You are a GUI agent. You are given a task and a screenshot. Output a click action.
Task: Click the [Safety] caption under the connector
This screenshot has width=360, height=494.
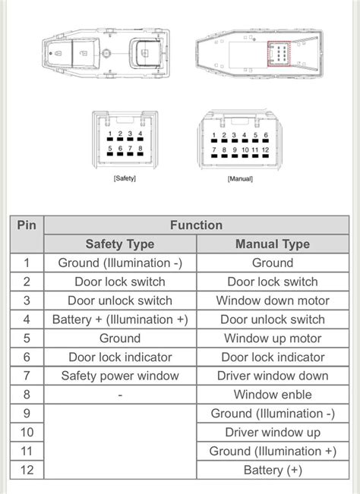pos(125,178)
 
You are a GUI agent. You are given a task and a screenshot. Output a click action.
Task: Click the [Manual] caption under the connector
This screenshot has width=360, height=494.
pos(240,179)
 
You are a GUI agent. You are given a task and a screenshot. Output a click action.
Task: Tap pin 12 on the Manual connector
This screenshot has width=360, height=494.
pos(265,156)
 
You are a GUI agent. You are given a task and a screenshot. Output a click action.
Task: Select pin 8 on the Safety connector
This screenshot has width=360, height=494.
pos(141,154)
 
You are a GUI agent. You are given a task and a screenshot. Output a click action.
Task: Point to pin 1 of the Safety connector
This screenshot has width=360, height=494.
pos(110,139)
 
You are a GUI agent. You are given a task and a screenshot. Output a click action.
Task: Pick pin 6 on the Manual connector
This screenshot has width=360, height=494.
pos(266,141)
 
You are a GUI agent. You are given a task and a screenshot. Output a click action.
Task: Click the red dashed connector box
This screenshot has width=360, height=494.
pos(279,54)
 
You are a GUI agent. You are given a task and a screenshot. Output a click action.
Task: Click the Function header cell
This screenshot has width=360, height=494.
pos(197,225)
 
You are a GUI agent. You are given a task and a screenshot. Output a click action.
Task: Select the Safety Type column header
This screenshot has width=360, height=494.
pos(120,244)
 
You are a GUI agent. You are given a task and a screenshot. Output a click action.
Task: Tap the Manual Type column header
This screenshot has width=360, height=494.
pos(273,244)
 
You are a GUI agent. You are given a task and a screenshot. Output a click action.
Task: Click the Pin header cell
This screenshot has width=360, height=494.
pos(27,234)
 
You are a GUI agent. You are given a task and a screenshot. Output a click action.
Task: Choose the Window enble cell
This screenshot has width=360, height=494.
pos(273,395)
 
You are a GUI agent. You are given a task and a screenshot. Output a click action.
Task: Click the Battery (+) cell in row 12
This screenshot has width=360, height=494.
pos(273,470)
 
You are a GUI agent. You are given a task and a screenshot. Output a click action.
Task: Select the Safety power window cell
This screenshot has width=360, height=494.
pos(120,376)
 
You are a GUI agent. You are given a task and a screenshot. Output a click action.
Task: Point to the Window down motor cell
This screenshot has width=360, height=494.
pos(273,300)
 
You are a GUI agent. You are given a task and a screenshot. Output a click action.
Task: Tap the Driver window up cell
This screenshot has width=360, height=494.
pos(273,433)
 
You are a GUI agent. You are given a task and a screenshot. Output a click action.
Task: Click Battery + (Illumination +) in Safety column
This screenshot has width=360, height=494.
pos(120,319)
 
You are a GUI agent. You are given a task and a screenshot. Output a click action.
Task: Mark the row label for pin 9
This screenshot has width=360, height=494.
pos(27,414)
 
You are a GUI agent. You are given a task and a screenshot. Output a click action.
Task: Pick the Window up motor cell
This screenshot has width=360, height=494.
pos(273,338)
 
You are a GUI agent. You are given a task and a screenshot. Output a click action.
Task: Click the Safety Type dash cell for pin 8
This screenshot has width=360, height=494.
pos(120,395)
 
